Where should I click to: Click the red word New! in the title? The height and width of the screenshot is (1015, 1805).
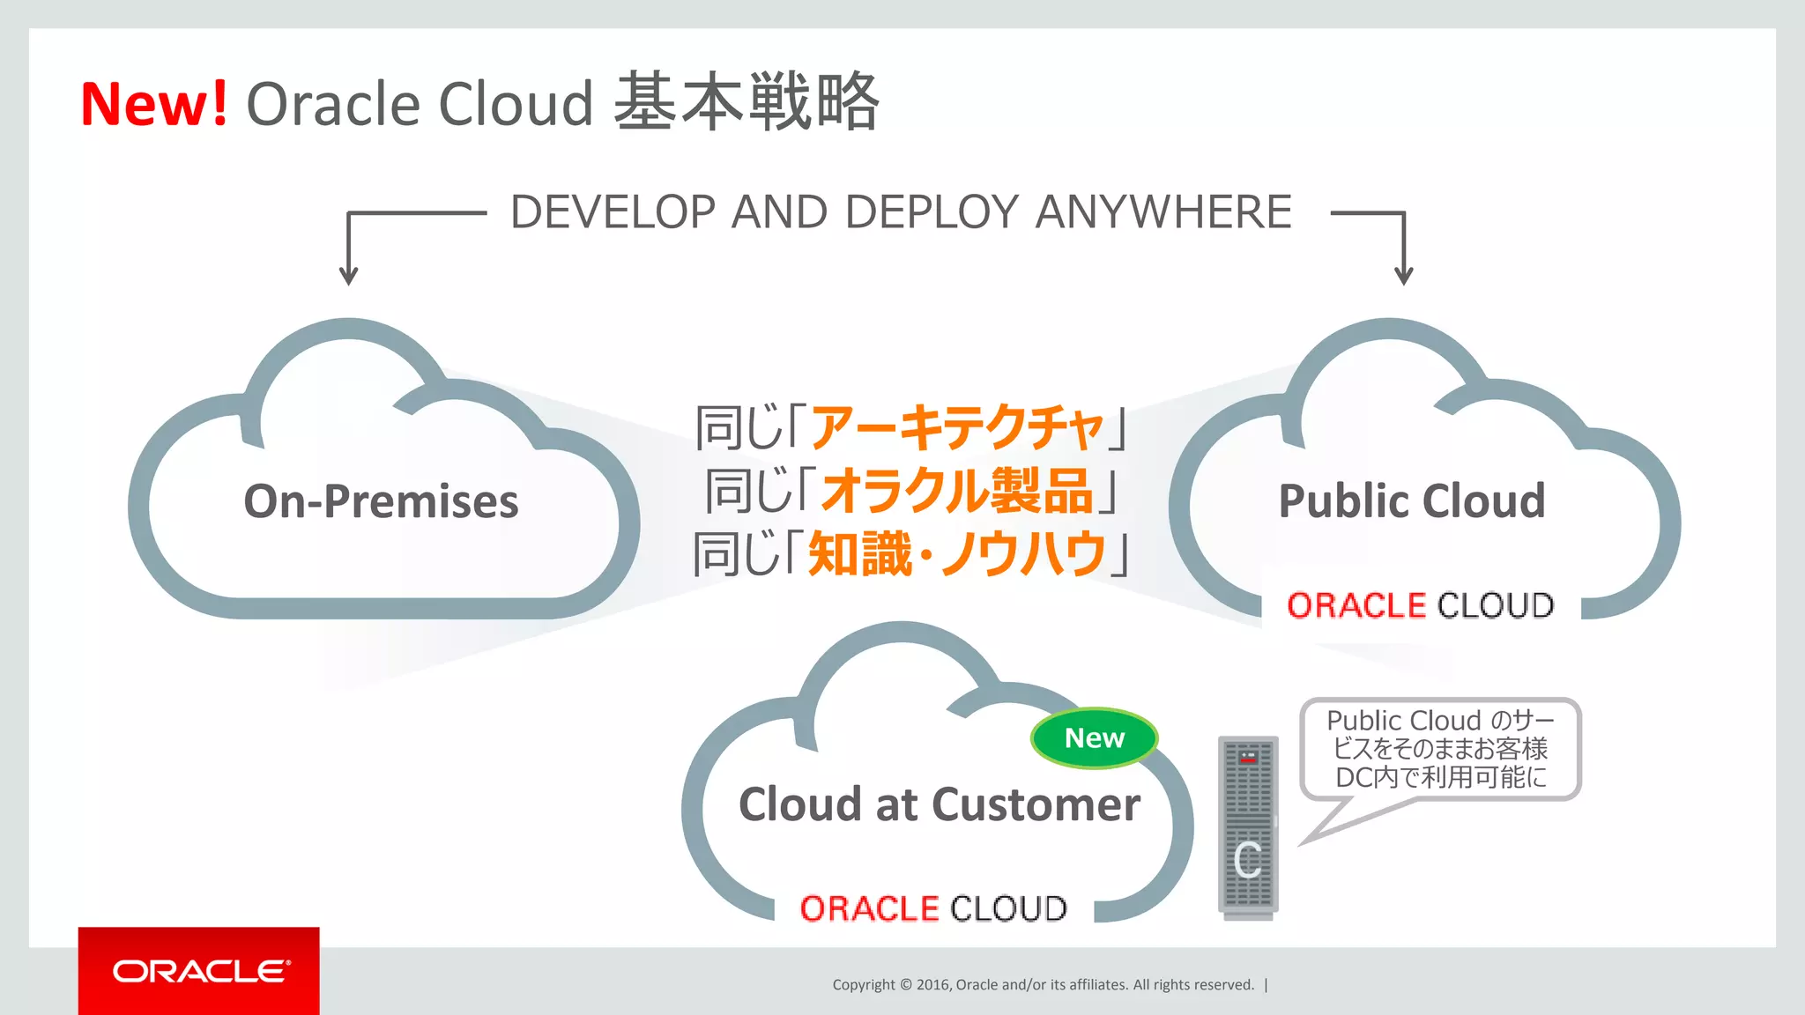[154, 104]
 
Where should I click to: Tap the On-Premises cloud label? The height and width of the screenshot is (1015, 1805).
[381, 501]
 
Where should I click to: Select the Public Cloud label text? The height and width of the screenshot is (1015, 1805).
[1412, 501]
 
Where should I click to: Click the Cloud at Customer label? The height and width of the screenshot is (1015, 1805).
[940, 804]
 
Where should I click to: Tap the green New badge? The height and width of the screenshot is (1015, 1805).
[1094, 738]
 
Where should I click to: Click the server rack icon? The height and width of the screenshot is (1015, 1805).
[1247, 826]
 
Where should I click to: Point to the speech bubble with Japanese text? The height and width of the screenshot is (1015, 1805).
[1440, 750]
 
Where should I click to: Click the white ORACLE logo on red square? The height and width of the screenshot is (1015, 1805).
[200, 971]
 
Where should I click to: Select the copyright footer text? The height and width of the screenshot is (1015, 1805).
[1044, 985]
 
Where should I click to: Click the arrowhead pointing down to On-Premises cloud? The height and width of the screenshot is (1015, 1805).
[349, 275]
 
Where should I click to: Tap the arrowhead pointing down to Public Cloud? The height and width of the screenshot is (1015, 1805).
[1404, 275]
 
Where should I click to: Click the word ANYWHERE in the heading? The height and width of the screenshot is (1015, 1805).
[1163, 212]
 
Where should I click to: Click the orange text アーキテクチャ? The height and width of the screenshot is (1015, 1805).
[956, 428]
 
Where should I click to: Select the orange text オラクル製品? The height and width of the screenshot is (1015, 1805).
[957, 491]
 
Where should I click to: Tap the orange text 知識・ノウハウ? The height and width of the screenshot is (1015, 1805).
[957, 553]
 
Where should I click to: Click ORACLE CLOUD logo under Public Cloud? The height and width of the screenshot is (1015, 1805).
[1420, 606]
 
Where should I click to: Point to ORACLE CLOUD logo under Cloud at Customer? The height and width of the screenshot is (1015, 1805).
[933, 908]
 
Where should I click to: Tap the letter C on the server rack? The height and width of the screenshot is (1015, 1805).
[1248, 860]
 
